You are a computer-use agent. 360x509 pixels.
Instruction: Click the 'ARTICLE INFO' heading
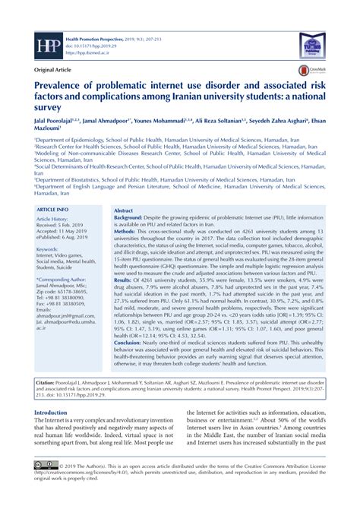click(x=52, y=209)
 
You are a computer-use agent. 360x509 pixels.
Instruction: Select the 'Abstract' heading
click(x=123, y=209)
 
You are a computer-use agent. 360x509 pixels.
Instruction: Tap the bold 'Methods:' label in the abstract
click(x=128, y=234)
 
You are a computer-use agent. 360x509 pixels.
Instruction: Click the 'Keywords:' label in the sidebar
click(x=52, y=249)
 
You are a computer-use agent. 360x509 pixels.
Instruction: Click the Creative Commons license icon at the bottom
click(x=46, y=483)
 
